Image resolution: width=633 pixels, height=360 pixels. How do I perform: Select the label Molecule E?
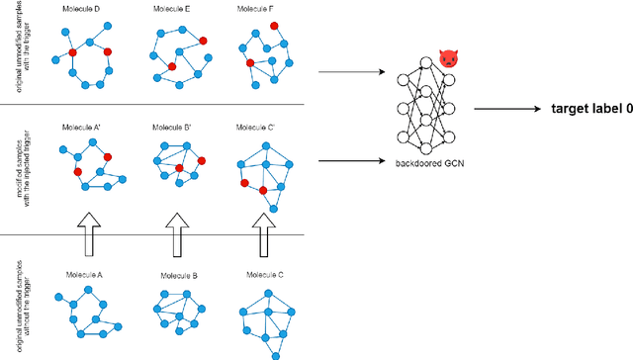click(173, 9)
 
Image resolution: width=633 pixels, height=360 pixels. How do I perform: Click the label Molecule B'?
click(173, 128)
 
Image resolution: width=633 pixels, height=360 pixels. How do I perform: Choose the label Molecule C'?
click(258, 128)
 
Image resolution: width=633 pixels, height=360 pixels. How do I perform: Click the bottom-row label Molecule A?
click(87, 274)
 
